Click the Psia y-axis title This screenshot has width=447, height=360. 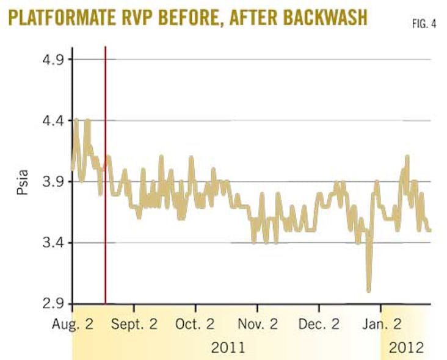tap(24, 181)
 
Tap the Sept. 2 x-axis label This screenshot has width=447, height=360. tap(134, 324)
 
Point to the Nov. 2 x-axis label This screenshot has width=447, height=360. tap(257, 324)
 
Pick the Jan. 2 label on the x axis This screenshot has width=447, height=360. tap(381, 324)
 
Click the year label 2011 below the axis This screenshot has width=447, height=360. tap(228, 348)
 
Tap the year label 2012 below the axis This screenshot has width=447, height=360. tap(406, 348)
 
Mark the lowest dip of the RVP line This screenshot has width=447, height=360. tap(368, 290)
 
